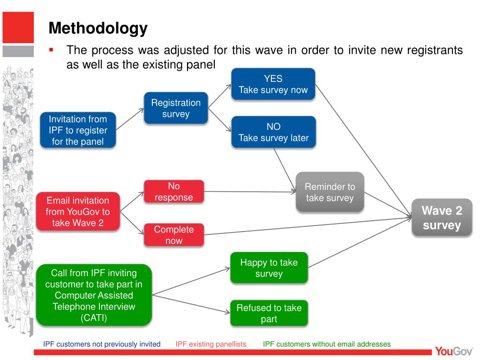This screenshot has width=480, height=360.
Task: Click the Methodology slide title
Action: (98, 29)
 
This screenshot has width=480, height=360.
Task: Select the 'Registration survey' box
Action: (176, 108)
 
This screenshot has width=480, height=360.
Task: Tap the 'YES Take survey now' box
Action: (273, 84)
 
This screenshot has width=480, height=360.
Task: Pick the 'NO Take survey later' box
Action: (274, 132)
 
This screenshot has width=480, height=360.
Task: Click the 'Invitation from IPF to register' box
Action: (78, 130)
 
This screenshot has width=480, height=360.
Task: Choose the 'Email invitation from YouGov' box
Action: (78, 212)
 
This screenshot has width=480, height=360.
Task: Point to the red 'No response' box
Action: (174, 192)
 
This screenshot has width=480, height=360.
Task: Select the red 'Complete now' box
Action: (174, 235)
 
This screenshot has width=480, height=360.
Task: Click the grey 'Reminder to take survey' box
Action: (330, 192)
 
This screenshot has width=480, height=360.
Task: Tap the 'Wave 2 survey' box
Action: (442, 218)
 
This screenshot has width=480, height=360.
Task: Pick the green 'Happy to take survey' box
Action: (269, 268)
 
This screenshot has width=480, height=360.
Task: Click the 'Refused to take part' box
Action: (269, 313)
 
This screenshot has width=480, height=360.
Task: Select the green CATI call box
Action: (94, 295)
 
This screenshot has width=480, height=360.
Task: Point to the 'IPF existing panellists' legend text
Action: (211, 344)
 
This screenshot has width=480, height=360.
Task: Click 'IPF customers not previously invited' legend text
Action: (102, 344)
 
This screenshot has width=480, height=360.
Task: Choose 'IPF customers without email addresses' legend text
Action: (327, 344)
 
